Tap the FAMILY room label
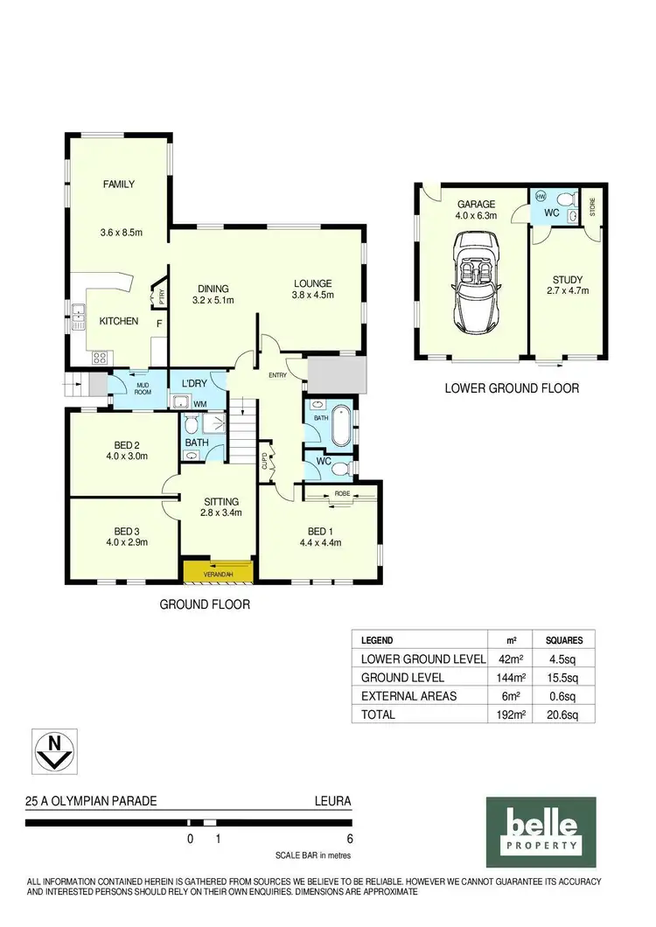click(118, 184)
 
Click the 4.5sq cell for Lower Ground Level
click(558, 659)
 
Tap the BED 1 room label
click(319, 531)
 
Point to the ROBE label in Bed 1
click(342, 494)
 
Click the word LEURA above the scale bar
click(332, 800)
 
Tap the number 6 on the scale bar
click(350, 838)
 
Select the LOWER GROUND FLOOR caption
click(511, 388)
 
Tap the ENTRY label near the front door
click(277, 375)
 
